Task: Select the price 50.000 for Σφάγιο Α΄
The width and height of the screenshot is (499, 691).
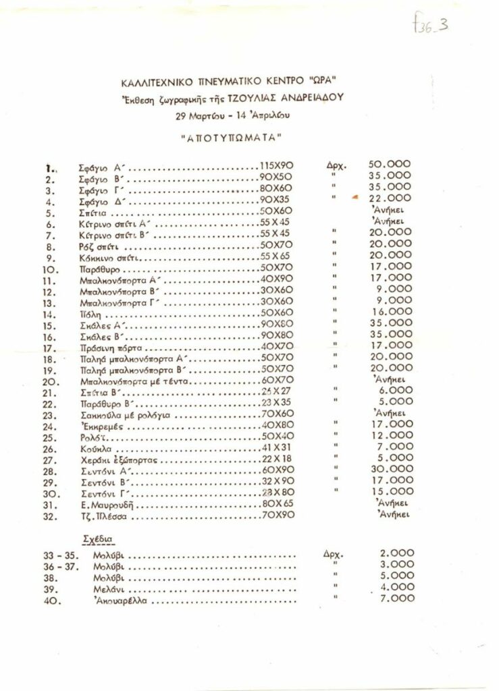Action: coord(389,164)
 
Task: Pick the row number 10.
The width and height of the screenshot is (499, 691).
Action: coord(50,268)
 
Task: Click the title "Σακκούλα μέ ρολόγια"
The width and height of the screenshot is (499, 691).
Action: coord(122,415)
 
